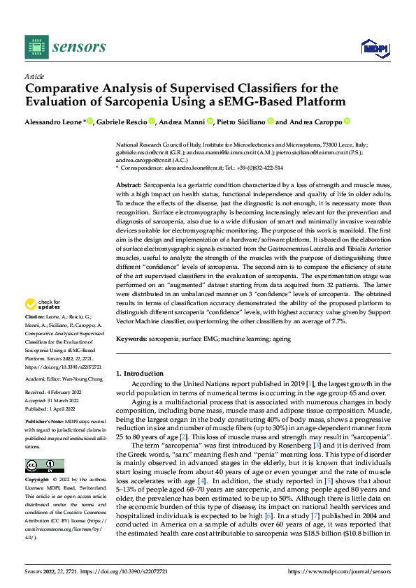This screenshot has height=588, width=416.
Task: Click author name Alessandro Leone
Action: click(x=53, y=122)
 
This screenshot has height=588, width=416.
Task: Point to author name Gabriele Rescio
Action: click(x=123, y=122)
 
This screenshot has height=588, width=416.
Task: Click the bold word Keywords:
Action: click(x=132, y=338)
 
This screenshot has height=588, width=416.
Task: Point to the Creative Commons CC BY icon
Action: click(x=44, y=446)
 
